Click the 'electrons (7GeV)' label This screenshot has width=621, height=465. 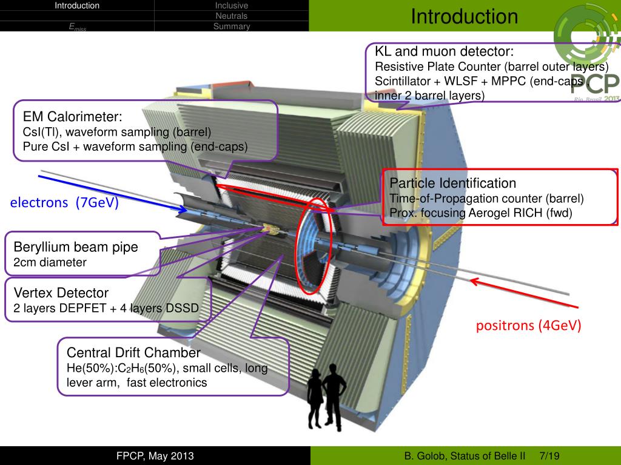point(64,203)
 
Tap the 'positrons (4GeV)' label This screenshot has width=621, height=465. point(528,326)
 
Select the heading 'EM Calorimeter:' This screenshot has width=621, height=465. point(73,117)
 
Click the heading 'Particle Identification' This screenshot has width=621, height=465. point(452,183)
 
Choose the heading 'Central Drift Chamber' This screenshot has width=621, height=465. point(133,353)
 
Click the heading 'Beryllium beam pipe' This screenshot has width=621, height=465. point(76,247)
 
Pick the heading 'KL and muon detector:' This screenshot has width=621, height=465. point(444,51)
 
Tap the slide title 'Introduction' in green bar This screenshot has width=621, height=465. point(464,16)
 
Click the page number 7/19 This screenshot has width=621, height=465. point(550,455)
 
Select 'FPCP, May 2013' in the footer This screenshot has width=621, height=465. point(156,455)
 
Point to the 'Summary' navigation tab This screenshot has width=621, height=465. point(232,27)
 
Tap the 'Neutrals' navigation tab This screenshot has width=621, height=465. point(232,16)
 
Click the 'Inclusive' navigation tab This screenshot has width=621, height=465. point(232,6)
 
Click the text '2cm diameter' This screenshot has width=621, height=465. point(50,263)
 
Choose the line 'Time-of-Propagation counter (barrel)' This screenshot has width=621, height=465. point(486,198)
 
